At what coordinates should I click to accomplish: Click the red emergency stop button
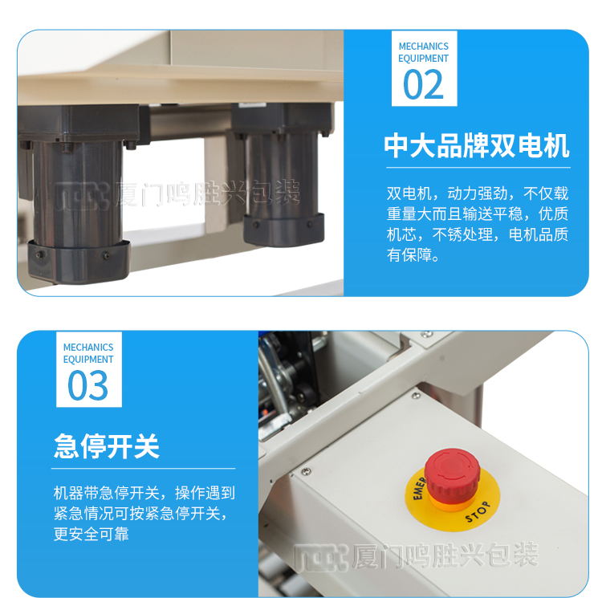(453, 476)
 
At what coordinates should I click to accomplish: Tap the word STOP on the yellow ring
(478, 512)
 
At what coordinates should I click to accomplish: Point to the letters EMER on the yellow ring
(419, 488)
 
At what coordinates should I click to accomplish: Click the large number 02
(424, 84)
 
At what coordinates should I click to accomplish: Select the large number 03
(88, 385)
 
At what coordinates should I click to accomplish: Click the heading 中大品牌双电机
(477, 146)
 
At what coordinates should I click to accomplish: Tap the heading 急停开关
(107, 446)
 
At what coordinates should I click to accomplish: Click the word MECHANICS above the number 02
(424, 47)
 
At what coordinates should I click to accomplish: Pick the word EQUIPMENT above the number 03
(88, 360)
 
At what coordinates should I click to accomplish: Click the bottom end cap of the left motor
(79, 263)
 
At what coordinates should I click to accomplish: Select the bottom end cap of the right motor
(283, 230)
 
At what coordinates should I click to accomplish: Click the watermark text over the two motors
(177, 194)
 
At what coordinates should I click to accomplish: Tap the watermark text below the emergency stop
(417, 555)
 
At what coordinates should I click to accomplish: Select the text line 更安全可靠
(92, 534)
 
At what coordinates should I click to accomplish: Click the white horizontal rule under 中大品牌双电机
(478, 168)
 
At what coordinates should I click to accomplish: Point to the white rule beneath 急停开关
(143, 469)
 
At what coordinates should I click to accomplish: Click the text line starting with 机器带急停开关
(144, 493)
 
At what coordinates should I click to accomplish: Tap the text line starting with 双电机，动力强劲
(478, 193)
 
